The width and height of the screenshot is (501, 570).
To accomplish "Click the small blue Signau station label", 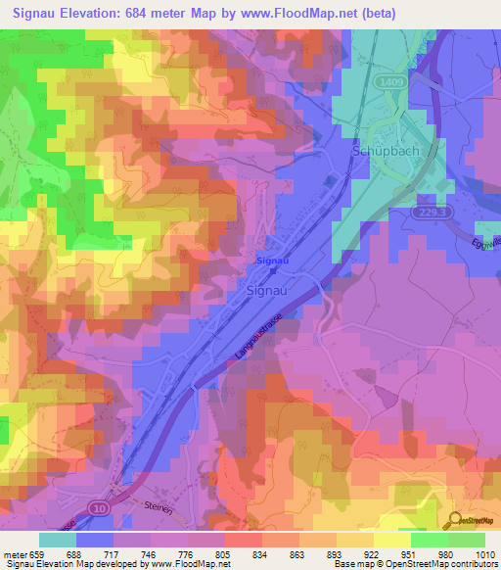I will [x=271, y=261].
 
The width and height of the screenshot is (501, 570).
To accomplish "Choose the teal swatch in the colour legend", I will [x=57, y=540].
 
